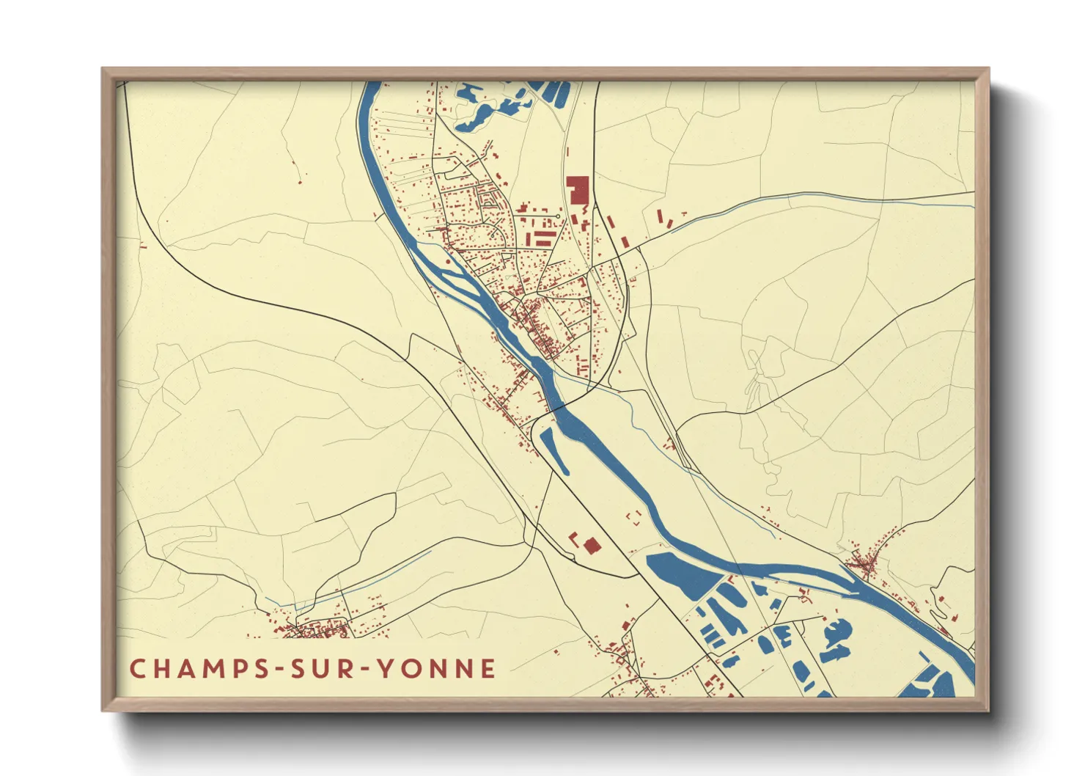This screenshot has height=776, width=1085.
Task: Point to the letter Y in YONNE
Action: (386, 668)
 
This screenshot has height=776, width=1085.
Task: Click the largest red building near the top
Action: (578, 189)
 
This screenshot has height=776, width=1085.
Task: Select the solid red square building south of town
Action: (592, 546)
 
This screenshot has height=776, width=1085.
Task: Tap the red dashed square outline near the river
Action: (633, 516)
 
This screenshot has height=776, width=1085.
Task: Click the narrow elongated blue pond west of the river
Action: (553, 449)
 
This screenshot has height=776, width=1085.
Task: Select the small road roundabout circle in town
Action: (559, 217)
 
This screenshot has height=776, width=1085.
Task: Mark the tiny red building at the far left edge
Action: (141, 244)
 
